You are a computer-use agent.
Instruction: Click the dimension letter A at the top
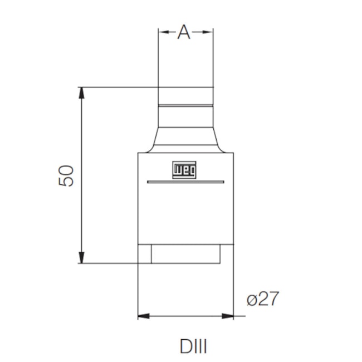point(184,33)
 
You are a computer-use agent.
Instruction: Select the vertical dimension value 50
point(66,175)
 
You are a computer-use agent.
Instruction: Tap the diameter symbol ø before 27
point(252,299)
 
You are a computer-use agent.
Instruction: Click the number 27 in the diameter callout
point(268,299)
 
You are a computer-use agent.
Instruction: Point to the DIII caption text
point(193,347)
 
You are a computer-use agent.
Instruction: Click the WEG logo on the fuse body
point(184,170)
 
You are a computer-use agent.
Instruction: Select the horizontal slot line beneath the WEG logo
point(185,182)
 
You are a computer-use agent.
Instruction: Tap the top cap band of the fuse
point(185,95)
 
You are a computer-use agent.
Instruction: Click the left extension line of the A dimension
point(158,56)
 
